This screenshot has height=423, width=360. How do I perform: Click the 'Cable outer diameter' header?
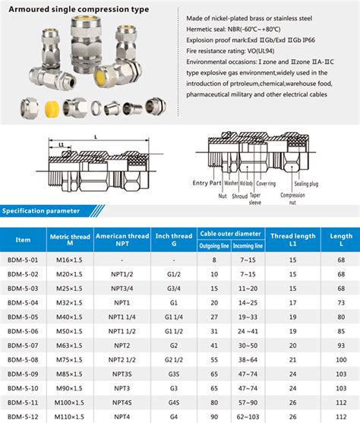(232, 233)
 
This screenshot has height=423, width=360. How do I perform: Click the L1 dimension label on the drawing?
(60, 143)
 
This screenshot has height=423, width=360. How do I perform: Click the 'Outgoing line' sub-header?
(214, 247)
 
